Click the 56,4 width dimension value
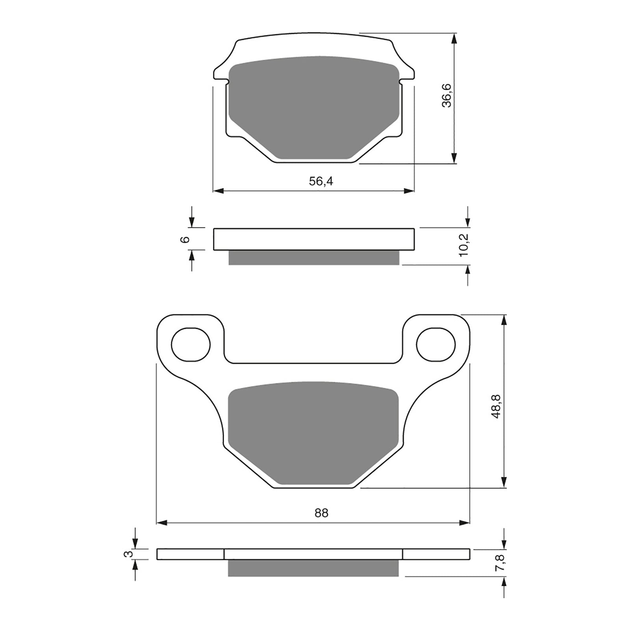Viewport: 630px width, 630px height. (x=321, y=182)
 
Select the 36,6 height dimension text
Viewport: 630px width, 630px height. (x=447, y=96)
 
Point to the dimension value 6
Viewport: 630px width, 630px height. (x=186, y=239)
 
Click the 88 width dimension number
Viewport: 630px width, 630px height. (x=321, y=513)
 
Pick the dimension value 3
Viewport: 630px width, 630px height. (x=127, y=554)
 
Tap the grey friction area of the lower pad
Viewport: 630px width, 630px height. (x=314, y=433)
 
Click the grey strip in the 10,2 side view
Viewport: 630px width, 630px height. (x=314, y=258)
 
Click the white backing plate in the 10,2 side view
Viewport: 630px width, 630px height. (x=314, y=239)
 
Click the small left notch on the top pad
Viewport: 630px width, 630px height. (x=227, y=82)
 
